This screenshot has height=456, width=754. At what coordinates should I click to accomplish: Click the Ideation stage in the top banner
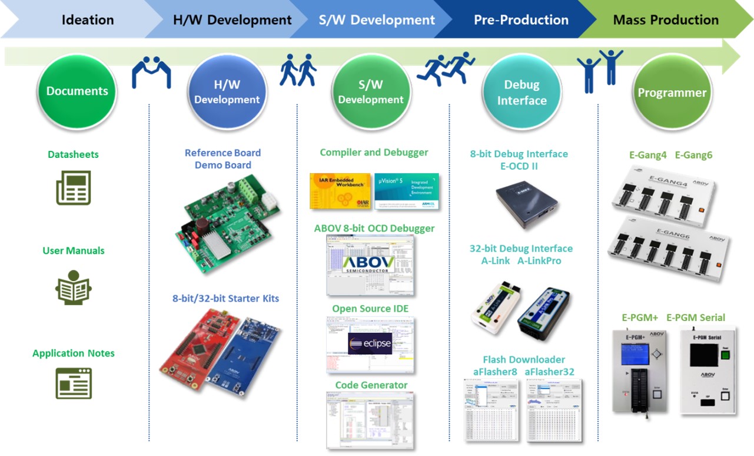pyautogui.click(x=88, y=20)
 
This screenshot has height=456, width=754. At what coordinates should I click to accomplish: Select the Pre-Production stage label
pyautogui.click(x=521, y=20)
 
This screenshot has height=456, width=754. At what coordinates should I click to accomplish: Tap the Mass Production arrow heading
pyautogui.click(x=666, y=20)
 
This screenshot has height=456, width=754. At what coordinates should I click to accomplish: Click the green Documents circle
pyautogui.click(x=77, y=91)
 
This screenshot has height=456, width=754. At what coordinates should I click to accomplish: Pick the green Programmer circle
pyautogui.click(x=672, y=92)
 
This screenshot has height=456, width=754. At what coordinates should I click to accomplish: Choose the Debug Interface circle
pyautogui.click(x=522, y=92)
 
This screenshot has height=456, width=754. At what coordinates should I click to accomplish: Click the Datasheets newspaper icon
pyautogui.click(x=74, y=187)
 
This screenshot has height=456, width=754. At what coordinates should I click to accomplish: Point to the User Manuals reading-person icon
pyautogui.click(x=74, y=288)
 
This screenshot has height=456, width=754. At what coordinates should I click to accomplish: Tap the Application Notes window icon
pyautogui.click(x=74, y=383)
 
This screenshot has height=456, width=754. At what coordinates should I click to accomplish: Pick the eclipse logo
pyautogui.click(x=370, y=343)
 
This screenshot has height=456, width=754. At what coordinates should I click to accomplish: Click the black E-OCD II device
pyautogui.click(x=526, y=203)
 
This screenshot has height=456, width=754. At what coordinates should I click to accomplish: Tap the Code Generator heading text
pyautogui.click(x=371, y=385)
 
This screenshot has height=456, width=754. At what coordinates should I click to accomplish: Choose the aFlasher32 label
pyautogui.click(x=549, y=372)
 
